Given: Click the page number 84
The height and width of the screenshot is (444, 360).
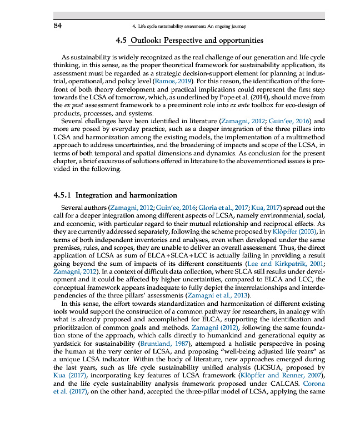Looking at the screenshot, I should click(x=57, y=26).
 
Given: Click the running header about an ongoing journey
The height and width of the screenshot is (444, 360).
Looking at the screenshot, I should click(x=186, y=26).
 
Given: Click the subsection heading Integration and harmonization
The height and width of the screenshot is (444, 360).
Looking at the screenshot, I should click(x=126, y=195).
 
